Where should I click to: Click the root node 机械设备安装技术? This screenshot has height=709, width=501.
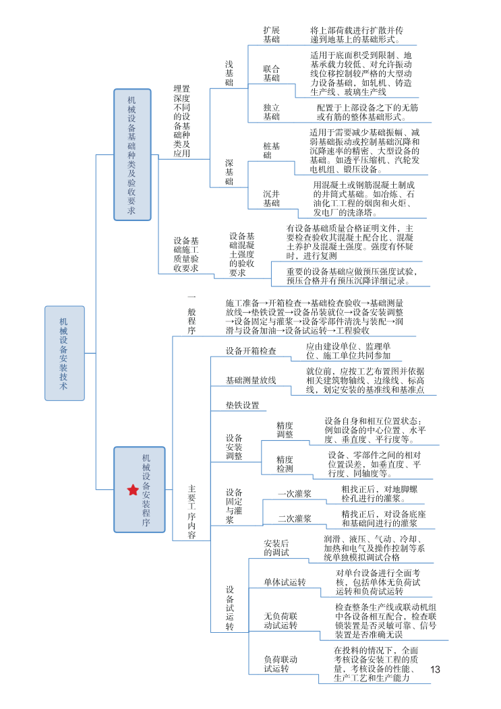(65, 353)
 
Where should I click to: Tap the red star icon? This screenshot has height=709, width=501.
(133, 490)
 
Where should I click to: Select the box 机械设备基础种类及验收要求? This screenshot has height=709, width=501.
(132, 154)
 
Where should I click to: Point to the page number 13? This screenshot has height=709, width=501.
(434, 669)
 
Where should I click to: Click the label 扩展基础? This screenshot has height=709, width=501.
(271, 35)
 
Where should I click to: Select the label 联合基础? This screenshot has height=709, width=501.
(271, 73)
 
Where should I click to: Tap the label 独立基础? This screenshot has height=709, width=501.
(271, 112)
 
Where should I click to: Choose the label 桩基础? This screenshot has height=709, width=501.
(272, 150)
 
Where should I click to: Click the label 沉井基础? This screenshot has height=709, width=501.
(271, 198)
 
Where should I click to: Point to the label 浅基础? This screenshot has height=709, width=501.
(229, 73)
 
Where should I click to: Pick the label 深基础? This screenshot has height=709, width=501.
(229, 172)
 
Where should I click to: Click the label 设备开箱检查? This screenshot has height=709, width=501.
(251, 351)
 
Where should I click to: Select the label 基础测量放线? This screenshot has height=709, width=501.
(251, 380)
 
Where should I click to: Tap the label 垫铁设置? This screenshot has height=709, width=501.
(243, 405)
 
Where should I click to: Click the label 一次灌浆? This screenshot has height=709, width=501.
(295, 493)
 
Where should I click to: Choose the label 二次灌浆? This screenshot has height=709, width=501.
(295, 518)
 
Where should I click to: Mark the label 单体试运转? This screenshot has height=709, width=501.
(285, 582)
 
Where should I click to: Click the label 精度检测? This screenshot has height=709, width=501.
(285, 464)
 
